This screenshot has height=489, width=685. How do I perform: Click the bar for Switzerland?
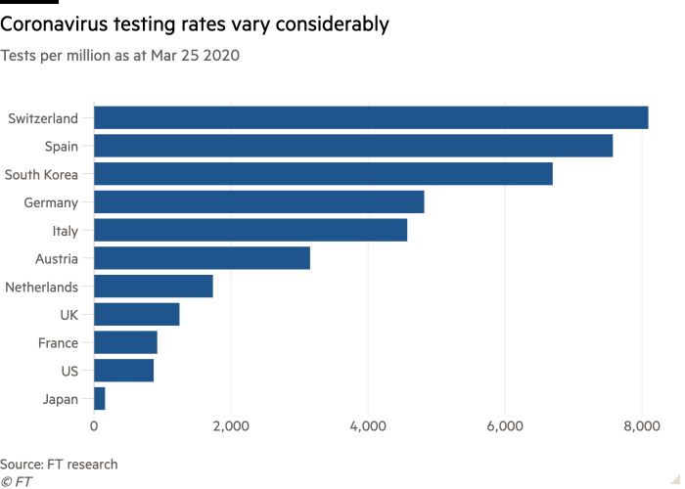pos(371,118)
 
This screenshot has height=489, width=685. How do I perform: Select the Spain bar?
pos(353,147)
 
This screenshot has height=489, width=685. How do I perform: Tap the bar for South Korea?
pos(323,174)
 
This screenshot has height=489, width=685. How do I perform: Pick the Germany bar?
pos(259,202)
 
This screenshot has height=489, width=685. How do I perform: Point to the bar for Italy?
pos(251,231)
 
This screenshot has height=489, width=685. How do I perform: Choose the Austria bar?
pos(202,259)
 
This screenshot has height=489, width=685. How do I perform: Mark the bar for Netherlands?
pos(154,287)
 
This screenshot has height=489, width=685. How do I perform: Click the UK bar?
pos(137,315)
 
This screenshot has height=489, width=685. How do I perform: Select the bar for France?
pos(125,342)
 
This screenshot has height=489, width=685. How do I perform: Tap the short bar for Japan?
pos(100,399)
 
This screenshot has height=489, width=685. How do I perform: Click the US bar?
pos(124,371)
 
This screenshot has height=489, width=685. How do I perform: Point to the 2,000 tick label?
pos(231,426)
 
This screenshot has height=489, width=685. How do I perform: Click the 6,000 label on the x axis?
pos(505,426)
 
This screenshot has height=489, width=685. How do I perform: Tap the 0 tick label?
pos(94,426)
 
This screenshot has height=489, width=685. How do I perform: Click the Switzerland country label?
pos(44,118)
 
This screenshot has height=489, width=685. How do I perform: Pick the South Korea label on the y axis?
pos(41,175)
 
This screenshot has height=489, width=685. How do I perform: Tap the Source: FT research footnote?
pos(59,464)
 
